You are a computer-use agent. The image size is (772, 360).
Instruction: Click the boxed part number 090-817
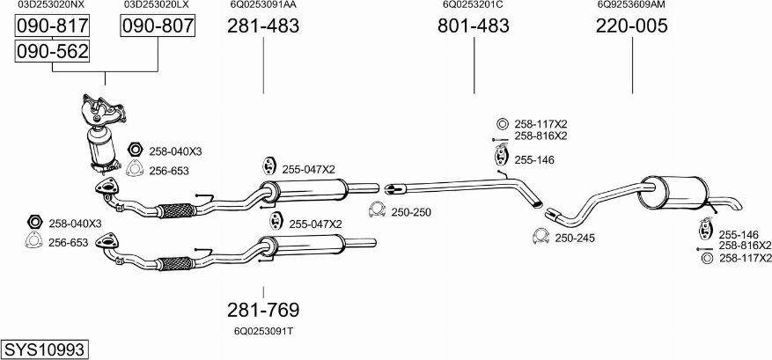coord(52,26)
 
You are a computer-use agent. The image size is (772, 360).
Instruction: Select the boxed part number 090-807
coord(158,26)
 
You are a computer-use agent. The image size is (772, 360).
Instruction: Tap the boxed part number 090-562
coord(52,51)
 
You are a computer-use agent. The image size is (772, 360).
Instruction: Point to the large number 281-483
coord(263,26)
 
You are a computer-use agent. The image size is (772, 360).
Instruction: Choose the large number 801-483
coord(473,26)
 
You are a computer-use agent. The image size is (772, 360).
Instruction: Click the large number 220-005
coord(632,26)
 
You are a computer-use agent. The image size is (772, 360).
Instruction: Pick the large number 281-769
coord(263,310)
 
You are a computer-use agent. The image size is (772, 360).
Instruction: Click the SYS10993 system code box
coord(45,349)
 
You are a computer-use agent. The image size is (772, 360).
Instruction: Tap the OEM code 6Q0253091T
coord(263,332)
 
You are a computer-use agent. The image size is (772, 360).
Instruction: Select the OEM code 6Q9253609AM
coord(632,5)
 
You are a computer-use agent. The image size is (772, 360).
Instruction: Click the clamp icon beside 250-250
coord(377,210)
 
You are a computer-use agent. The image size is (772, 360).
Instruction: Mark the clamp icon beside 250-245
coord(540,237)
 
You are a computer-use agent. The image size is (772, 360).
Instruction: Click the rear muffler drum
coord(673,192)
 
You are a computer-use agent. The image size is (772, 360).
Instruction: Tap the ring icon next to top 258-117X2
coord(502,124)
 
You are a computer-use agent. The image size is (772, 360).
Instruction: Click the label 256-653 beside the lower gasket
coord(68,243)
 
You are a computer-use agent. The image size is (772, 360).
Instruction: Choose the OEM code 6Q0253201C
coord(473,5)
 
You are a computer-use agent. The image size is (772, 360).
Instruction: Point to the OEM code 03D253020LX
coord(157,5)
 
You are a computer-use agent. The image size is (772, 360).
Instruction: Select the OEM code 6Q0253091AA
coord(263,5)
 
